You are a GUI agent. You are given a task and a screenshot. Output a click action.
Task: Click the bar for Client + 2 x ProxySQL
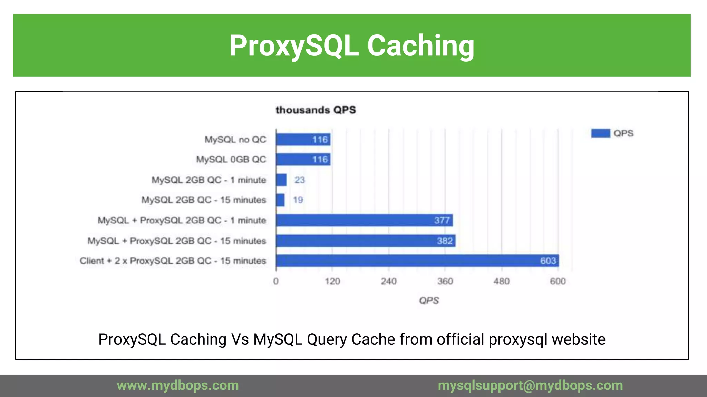point(417,261)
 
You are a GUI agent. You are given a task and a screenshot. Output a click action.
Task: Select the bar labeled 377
point(364,220)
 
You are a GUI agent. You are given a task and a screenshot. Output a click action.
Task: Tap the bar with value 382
point(365,241)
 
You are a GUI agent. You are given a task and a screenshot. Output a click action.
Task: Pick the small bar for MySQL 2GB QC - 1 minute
point(281,180)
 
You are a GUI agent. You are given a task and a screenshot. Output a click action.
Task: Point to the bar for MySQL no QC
point(303,140)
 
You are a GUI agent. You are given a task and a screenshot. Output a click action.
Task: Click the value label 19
point(298,200)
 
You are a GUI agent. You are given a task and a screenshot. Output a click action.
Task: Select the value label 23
point(299,180)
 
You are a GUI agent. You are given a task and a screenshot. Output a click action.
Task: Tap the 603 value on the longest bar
point(548,261)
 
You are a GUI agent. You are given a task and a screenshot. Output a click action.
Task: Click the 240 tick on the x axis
point(389,282)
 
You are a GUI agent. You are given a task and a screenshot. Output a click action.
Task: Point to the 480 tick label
point(501,282)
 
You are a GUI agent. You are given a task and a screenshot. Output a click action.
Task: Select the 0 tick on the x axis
point(276,282)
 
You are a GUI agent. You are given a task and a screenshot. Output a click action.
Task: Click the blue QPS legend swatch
point(600,133)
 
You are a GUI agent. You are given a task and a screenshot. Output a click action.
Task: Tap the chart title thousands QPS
point(316,110)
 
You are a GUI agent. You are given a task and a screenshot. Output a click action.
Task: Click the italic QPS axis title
point(429,301)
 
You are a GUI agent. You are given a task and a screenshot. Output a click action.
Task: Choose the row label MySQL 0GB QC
point(231,160)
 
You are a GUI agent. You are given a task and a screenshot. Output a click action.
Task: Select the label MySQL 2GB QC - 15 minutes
point(204,200)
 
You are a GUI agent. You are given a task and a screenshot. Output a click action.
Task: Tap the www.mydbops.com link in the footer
point(178,385)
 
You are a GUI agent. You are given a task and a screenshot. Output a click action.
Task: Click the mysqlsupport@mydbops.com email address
point(530,385)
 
